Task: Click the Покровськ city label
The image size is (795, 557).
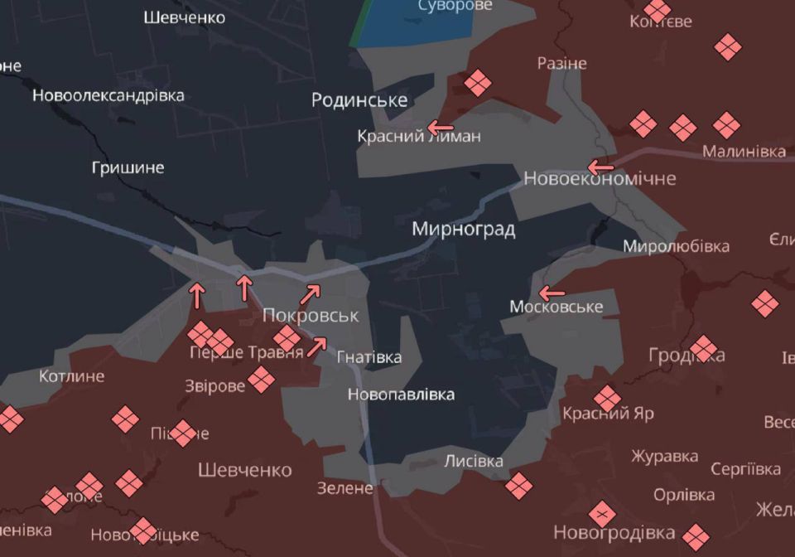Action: click(x=311, y=316)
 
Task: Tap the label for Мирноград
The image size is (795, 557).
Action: click(x=464, y=229)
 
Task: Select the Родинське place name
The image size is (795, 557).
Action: click(x=359, y=100)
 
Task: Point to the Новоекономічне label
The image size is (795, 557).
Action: click(x=600, y=178)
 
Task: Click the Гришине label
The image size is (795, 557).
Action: click(x=128, y=167)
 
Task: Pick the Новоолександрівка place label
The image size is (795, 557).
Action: click(x=108, y=95)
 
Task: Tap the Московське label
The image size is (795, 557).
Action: click(x=556, y=308)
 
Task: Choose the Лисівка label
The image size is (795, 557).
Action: click(x=474, y=461)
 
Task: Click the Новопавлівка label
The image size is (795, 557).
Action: click(x=401, y=395)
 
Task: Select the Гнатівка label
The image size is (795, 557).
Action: click(x=369, y=357)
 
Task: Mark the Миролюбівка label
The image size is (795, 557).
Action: click(x=676, y=246)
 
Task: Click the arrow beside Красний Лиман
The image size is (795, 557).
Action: click(x=440, y=128)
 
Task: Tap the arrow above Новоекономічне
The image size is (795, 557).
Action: click(x=601, y=167)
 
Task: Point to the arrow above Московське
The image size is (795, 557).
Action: click(x=552, y=293)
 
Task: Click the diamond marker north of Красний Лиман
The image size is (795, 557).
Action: click(x=478, y=83)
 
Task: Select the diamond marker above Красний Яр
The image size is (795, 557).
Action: click(x=607, y=398)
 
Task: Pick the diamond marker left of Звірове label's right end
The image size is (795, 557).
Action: click(x=261, y=380)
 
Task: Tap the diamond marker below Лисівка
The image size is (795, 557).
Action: click(x=518, y=486)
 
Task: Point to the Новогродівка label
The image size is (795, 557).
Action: click(x=614, y=532)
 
